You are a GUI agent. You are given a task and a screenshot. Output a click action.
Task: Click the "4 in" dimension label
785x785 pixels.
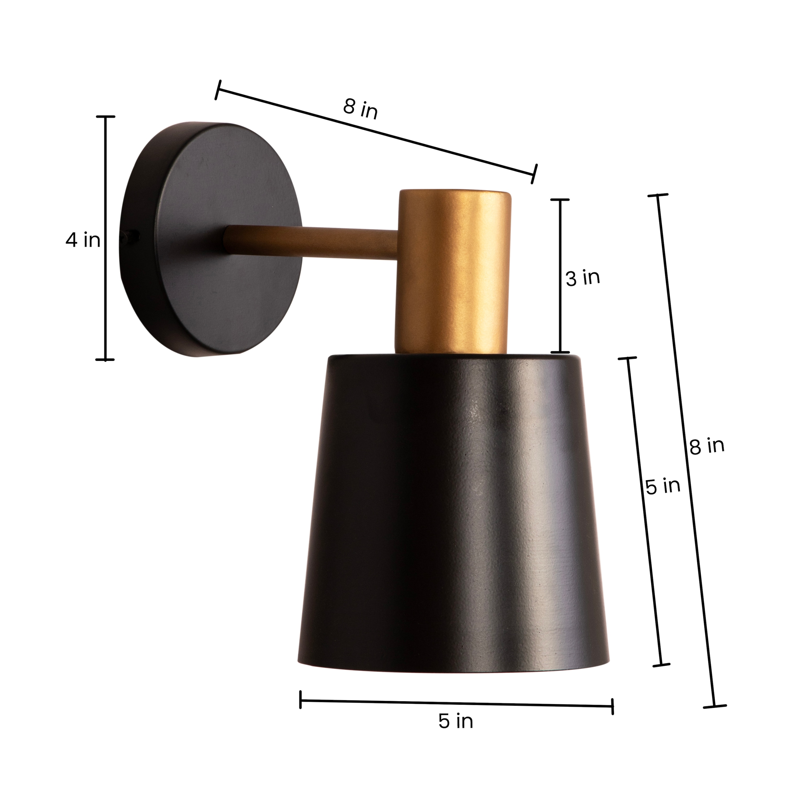[x=83, y=240]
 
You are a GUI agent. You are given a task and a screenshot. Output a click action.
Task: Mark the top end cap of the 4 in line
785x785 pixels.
[x=105, y=117]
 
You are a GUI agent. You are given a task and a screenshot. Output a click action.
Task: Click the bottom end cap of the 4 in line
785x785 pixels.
[x=105, y=360]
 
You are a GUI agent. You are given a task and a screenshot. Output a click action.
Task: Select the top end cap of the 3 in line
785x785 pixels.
[x=560, y=200]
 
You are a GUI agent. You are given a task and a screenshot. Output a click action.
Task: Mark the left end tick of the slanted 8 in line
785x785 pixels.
[x=218, y=90]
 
